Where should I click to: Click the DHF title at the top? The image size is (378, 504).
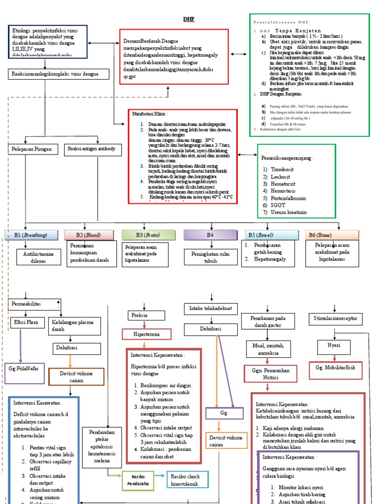[x=189, y=19]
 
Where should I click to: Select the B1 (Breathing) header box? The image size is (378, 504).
[x=32, y=235]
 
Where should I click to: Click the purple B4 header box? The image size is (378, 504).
[x=211, y=235]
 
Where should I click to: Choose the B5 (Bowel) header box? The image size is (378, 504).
[x=270, y=235]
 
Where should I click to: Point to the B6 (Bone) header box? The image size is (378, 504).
[x=332, y=235]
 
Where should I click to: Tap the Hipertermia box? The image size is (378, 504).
[x=146, y=334]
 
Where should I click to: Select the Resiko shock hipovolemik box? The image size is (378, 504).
[x=188, y=479]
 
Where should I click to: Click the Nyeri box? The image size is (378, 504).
[x=334, y=346]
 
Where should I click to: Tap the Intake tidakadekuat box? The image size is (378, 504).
[x=211, y=309]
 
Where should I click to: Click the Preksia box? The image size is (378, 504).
[x=139, y=315]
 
